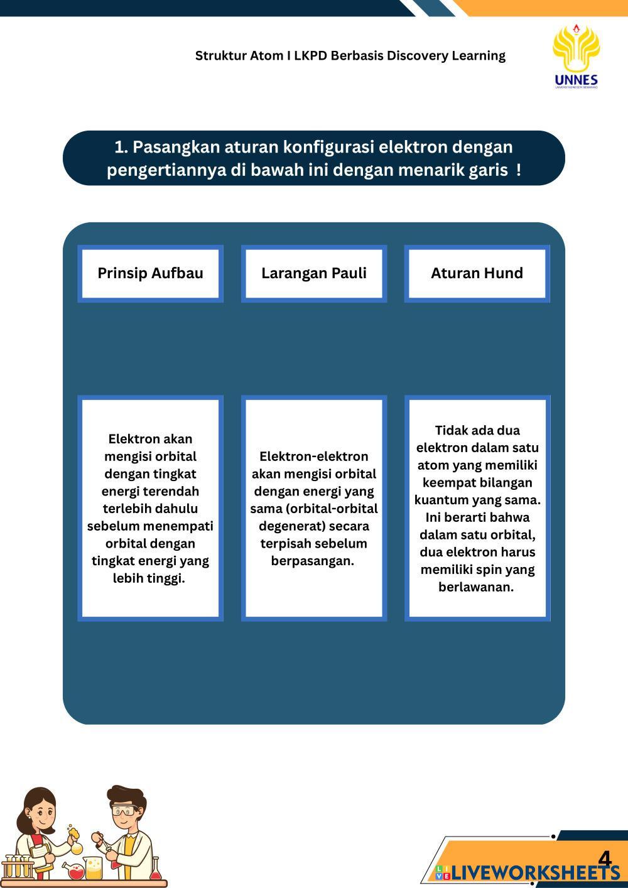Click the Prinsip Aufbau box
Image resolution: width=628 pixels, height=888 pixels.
[150, 273]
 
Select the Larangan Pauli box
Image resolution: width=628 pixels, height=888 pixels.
[313, 273]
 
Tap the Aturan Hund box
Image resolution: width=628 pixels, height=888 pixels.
[477, 273]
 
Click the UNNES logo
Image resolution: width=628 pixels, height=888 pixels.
[576, 56]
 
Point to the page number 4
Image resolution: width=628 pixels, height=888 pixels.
[604, 858]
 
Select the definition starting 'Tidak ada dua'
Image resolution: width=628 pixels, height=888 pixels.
[477, 508]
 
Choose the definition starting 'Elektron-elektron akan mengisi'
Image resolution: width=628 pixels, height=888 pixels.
[314, 508]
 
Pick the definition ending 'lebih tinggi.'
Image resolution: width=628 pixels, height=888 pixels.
[150, 508]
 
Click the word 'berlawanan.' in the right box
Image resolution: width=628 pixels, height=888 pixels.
[476, 587]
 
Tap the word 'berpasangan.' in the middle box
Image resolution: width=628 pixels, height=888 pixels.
[313, 561]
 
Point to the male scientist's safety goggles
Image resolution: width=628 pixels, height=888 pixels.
[124, 810]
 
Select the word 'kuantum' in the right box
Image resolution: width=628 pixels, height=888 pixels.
[440, 501]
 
